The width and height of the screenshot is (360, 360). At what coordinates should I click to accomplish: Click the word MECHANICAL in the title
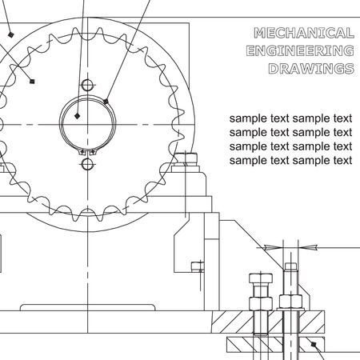point(302,34)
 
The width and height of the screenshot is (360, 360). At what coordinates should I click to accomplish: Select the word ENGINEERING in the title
point(302,51)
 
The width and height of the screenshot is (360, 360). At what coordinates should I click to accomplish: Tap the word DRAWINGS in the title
point(310,69)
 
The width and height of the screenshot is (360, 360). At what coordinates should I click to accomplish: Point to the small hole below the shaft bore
point(86,165)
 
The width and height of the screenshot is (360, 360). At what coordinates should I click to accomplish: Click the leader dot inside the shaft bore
point(78,117)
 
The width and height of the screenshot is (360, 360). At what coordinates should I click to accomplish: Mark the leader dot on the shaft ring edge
point(106,101)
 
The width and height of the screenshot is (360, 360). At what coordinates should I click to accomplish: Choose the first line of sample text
point(290,117)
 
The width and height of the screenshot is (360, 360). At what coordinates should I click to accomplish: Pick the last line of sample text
point(290,160)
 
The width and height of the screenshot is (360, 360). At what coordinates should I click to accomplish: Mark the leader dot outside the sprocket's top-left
point(10,34)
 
